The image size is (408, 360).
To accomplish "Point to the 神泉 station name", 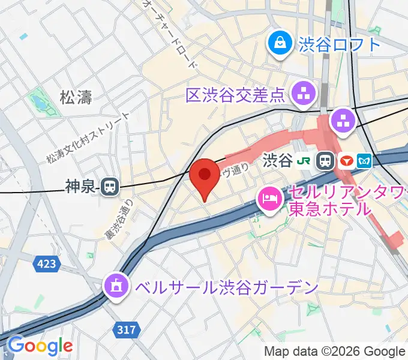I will (80, 187).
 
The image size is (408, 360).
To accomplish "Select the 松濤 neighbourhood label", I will (76, 97).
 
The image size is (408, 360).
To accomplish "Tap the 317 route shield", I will (127, 329).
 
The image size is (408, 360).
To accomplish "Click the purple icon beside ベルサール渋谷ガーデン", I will (116, 284).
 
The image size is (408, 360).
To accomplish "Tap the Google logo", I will (40, 346).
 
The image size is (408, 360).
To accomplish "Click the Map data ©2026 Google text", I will (334, 352).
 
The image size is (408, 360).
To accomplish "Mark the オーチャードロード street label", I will (169, 33).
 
